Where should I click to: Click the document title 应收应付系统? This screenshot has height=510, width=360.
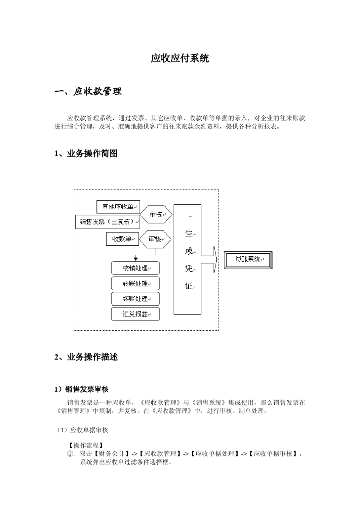[x=180, y=58]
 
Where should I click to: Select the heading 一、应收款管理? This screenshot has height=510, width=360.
[x=88, y=91]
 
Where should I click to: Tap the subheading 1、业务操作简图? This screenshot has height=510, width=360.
[x=86, y=154]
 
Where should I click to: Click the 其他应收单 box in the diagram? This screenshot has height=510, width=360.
[x=118, y=207]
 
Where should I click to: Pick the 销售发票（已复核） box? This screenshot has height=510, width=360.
[x=108, y=222]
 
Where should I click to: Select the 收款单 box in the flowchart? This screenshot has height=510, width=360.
[x=122, y=239]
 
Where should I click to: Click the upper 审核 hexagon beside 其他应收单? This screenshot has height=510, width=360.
[x=156, y=215]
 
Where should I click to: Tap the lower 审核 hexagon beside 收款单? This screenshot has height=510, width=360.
[x=155, y=239]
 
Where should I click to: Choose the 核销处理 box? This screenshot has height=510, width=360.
[x=135, y=268]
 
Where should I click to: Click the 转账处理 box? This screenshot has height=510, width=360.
[x=135, y=284]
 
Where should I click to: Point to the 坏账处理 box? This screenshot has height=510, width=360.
[x=135, y=299]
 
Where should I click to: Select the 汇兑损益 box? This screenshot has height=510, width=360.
[x=135, y=314]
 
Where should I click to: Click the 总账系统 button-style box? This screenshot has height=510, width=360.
[x=248, y=260]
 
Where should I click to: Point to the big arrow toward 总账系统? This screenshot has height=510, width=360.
[x=210, y=259]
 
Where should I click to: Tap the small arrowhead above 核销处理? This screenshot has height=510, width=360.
[x=136, y=259]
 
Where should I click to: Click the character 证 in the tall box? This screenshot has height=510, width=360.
[x=188, y=286]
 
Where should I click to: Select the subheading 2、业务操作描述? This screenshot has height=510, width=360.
[x=86, y=357]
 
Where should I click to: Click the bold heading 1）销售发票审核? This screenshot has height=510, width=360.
[x=82, y=389]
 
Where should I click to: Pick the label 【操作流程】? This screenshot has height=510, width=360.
[x=86, y=445]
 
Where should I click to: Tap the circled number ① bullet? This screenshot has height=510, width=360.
[x=70, y=454]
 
